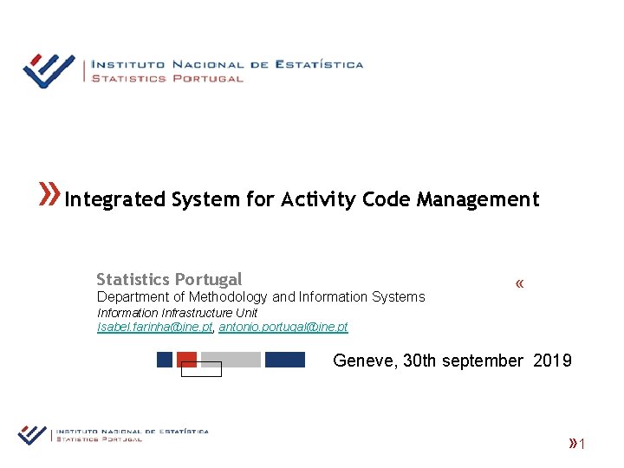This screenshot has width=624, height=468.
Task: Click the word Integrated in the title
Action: (x=114, y=199)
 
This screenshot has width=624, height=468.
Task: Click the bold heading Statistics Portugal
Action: (x=169, y=279)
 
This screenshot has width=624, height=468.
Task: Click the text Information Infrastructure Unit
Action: (x=177, y=313)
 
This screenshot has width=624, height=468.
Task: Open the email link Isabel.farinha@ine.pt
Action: (x=154, y=327)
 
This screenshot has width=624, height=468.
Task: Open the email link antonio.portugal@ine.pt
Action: (x=283, y=327)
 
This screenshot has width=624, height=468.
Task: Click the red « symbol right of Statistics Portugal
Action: (x=519, y=284)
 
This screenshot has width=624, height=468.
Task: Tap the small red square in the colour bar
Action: (x=186, y=359)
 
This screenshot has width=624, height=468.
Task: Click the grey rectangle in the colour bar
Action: (x=231, y=359)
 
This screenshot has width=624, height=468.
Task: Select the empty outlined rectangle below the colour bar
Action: (x=201, y=369)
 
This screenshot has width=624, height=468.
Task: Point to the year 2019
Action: (x=553, y=361)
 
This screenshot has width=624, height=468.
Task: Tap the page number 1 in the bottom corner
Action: (x=583, y=445)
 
